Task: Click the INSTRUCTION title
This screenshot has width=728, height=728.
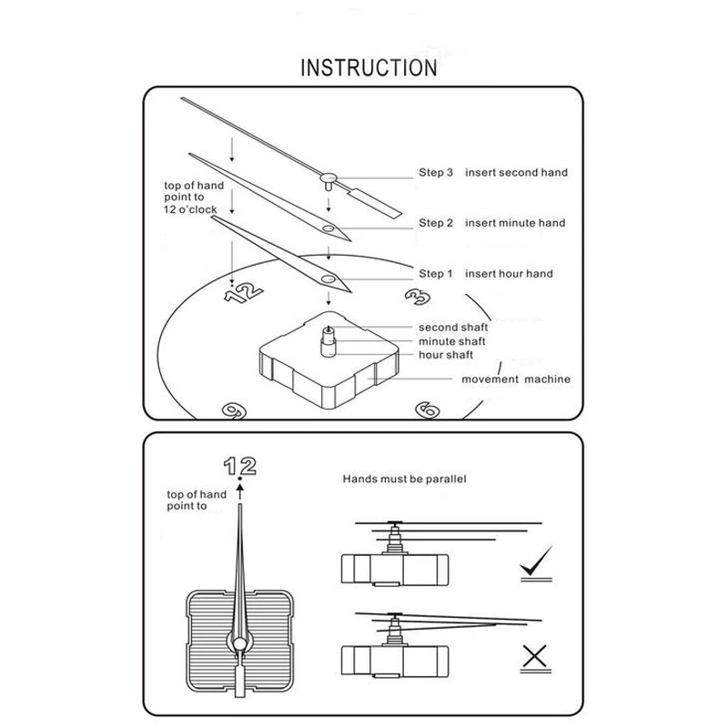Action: click(369, 67)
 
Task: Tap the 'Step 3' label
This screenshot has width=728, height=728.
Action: click(436, 172)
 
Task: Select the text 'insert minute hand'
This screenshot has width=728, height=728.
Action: click(515, 223)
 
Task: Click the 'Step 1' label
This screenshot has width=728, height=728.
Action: click(436, 274)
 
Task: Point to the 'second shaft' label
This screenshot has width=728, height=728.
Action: click(453, 328)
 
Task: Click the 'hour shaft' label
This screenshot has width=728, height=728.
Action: click(446, 355)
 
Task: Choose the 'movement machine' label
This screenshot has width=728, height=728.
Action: click(516, 379)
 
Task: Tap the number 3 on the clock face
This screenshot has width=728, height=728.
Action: click(418, 297)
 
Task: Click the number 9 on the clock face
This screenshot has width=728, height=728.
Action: click(234, 410)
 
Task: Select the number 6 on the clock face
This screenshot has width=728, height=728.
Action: click(428, 410)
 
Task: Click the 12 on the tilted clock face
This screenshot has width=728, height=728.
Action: click(244, 293)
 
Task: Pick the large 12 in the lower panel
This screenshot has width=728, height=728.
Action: click(240, 466)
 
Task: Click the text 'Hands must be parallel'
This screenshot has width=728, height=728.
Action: click(404, 480)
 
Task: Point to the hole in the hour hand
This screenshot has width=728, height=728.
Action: click(329, 279)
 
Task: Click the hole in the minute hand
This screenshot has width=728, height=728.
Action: click(329, 228)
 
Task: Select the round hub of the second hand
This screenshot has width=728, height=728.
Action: click(329, 177)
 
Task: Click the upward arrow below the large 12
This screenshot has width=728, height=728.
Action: click(240, 491)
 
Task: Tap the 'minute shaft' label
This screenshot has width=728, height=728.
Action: click(452, 342)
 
